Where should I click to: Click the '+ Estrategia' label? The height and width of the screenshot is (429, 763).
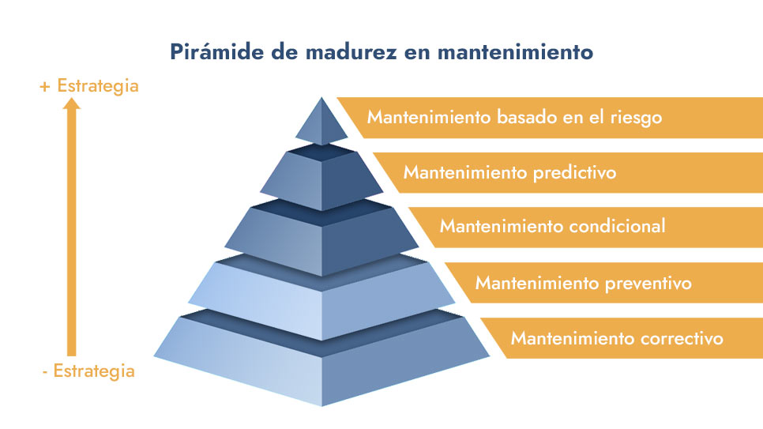(89, 85)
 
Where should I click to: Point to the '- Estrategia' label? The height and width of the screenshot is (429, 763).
(88, 371)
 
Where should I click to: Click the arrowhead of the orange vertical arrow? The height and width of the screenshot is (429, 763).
(72, 103)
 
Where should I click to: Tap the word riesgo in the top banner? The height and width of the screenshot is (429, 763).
(636, 118)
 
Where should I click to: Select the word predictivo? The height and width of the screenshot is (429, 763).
(575, 173)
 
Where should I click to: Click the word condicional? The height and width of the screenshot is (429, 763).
(617, 226)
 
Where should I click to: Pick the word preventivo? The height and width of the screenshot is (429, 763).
(648, 284)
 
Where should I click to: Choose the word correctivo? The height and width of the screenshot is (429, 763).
(682, 338)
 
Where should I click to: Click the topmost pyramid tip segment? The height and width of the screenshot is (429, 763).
(321, 122)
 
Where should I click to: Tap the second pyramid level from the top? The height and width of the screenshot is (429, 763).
(321, 177)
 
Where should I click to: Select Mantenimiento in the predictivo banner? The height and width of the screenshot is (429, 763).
(466, 172)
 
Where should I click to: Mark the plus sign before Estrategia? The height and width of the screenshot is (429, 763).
(45, 87)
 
